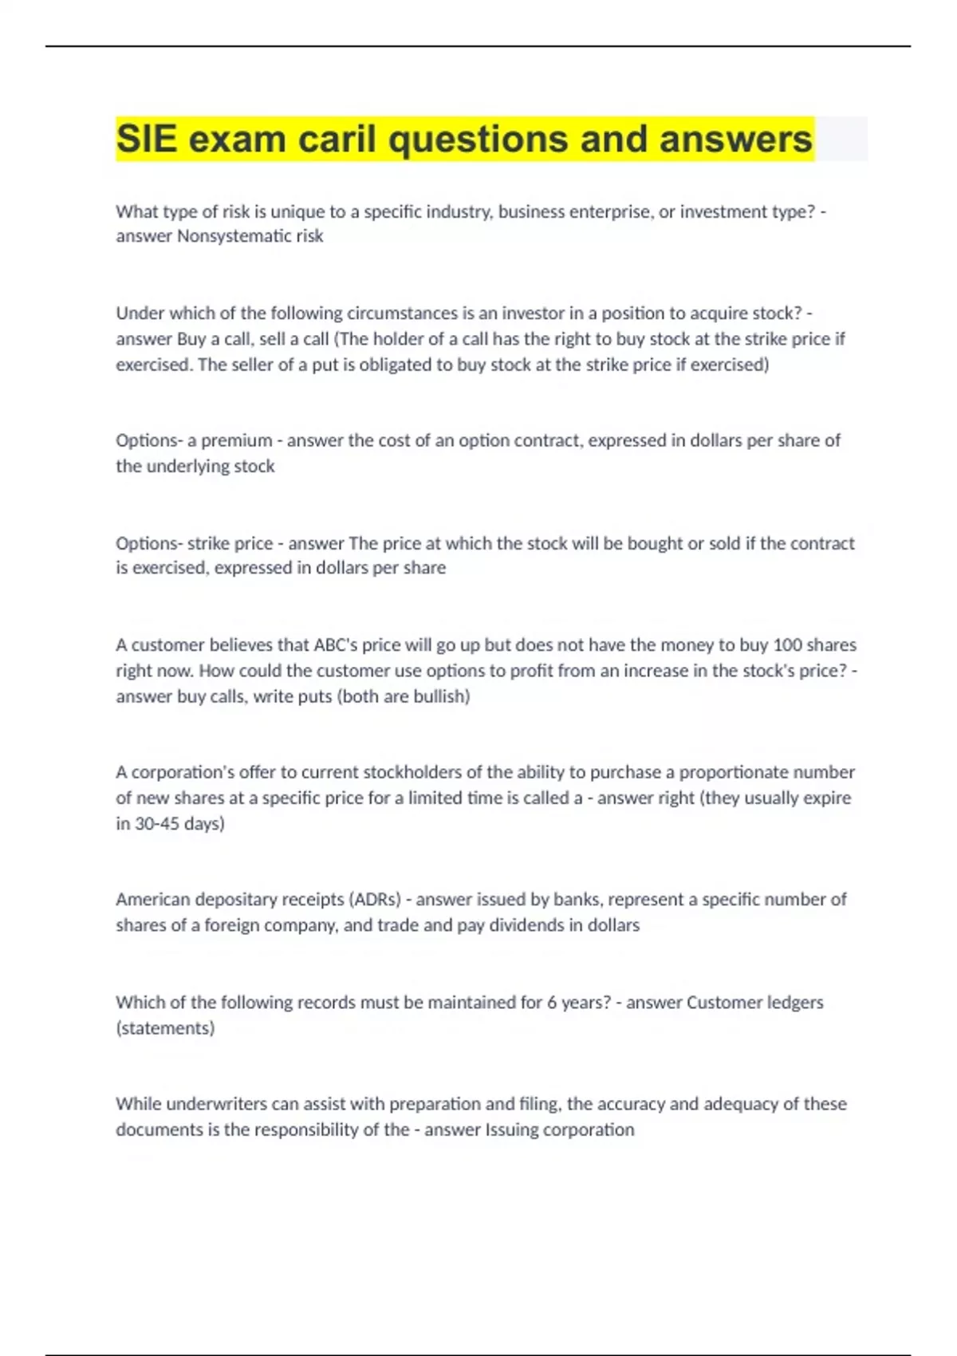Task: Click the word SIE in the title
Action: (146, 140)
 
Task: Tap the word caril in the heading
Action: (337, 140)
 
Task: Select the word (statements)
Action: (165, 1028)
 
